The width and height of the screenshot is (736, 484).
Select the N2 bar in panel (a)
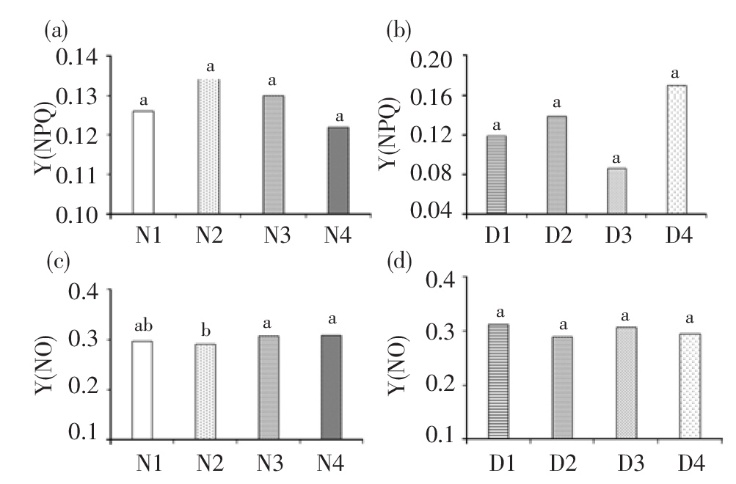(x=208, y=146)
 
